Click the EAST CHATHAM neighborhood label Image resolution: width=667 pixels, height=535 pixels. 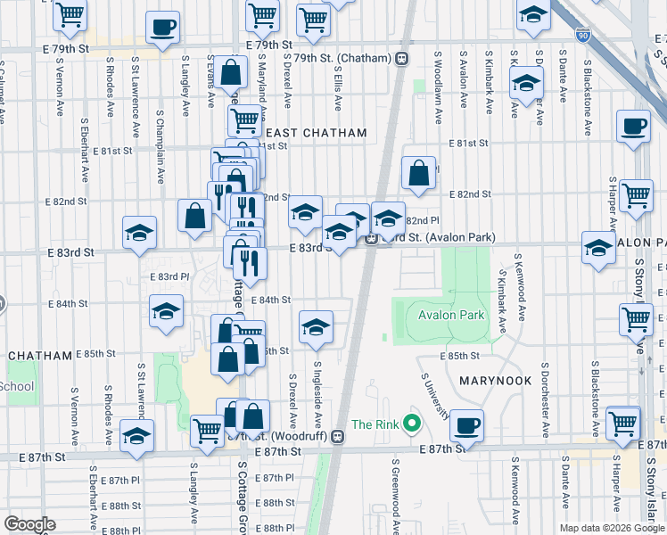(x=315, y=133)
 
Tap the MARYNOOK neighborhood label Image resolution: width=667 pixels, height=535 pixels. (x=495, y=381)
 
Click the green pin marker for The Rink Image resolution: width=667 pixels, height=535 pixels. (x=411, y=424)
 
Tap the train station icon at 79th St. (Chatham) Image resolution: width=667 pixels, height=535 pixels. (x=402, y=58)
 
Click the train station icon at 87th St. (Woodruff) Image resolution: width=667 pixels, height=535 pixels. (x=337, y=436)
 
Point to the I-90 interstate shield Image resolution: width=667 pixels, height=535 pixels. (x=582, y=35)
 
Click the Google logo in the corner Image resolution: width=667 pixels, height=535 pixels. (x=29, y=524)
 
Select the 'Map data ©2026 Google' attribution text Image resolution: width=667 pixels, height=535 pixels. (x=611, y=528)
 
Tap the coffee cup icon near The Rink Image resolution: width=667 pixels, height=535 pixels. (x=465, y=424)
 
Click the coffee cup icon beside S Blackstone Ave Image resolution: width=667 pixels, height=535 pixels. (x=633, y=126)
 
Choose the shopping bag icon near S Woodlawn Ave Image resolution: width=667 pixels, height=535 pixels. (x=418, y=172)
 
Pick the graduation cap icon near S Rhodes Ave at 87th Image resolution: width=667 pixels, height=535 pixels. (x=137, y=435)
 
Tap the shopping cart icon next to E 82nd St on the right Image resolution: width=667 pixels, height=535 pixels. (x=636, y=194)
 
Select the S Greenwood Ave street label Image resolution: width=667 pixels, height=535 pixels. (x=394, y=495)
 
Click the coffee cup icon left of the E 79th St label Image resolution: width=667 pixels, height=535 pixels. (x=161, y=27)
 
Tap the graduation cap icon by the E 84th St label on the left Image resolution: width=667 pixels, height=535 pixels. (x=166, y=311)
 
